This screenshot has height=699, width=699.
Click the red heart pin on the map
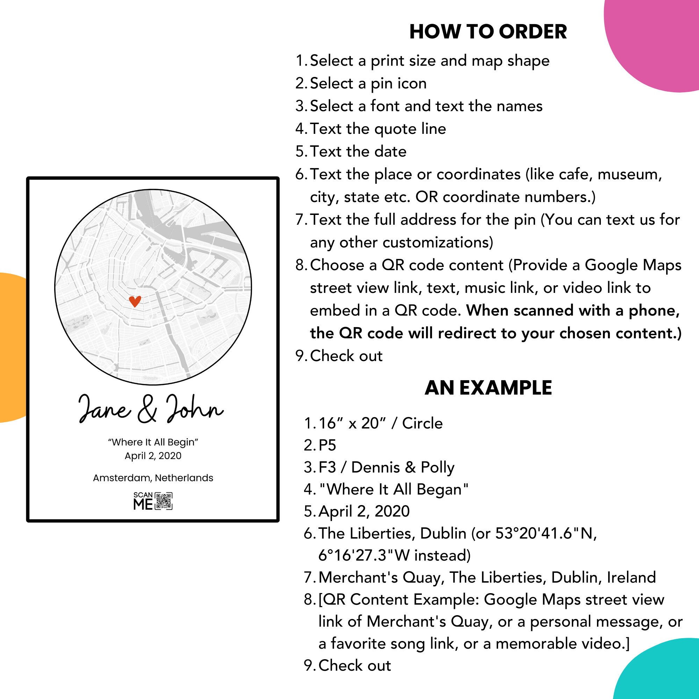[135, 301]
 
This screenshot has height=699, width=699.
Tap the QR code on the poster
[164, 501]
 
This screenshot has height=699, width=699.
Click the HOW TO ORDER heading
[488, 32]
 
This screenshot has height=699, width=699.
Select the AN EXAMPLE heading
[488, 388]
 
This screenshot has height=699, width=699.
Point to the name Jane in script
[104, 410]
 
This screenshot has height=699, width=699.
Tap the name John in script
[194, 409]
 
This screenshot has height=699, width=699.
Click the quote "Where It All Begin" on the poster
[153, 442]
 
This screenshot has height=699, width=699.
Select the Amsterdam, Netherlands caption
[153, 478]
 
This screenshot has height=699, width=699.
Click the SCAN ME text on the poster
[143, 501]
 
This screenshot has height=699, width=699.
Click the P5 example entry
[327, 445]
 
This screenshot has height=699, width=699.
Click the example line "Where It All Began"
[394, 490]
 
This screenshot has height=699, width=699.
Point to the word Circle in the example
[422, 423]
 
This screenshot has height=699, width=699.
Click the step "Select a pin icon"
[368, 84]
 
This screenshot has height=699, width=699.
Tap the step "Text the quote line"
[378, 129]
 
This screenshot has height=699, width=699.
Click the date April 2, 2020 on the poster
[153, 456]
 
